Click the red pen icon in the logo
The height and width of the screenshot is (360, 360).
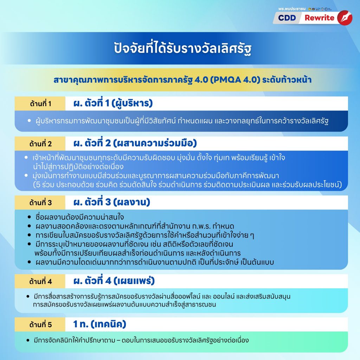point(345,18)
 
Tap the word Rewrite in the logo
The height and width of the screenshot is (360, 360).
point(319,18)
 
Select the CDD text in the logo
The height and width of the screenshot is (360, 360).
point(287,18)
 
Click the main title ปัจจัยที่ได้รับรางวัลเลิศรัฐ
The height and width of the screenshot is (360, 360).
point(182,48)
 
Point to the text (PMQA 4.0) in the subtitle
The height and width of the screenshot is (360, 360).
point(235,80)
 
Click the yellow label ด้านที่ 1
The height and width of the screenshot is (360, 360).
point(40,104)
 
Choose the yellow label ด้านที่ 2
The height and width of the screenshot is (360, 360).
point(40,144)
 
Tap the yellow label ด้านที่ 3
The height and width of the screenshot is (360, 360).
point(40,202)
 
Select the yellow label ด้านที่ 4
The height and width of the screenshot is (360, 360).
point(40,281)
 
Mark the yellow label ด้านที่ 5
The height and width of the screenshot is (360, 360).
point(40,324)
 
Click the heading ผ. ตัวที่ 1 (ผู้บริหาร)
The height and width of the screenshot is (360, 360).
point(113,103)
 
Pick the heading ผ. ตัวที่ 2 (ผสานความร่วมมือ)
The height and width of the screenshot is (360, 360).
point(135,143)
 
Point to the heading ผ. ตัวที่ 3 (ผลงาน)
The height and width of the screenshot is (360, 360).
point(111,202)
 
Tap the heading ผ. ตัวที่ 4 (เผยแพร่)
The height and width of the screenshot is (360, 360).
point(114,281)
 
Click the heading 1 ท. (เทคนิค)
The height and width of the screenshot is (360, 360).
point(99,324)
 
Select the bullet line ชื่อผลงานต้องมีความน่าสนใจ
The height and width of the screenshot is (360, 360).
point(80,217)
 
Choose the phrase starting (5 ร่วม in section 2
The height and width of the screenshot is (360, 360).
point(187,185)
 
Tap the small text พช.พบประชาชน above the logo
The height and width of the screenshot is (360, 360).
point(292,9)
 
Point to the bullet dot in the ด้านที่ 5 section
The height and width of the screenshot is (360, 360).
point(28,340)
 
